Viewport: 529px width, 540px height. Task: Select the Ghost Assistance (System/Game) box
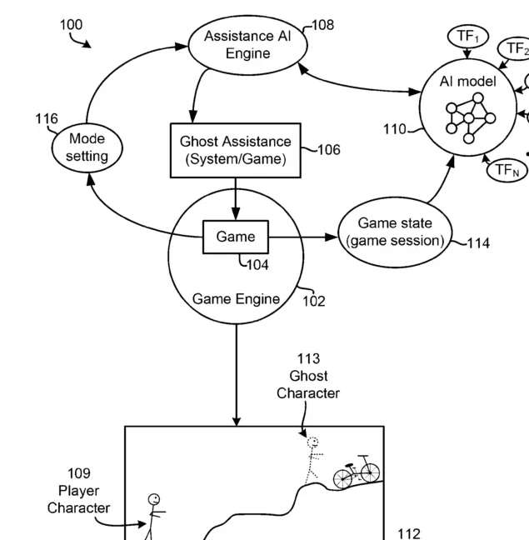coord(236,151)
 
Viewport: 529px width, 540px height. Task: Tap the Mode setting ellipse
coord(87,147)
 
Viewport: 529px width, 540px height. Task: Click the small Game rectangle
coord(236,237)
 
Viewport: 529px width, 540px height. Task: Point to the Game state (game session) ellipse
coord(395,232)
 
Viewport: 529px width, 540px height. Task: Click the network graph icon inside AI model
coord(468,117)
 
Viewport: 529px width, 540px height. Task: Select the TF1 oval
coord(467,37)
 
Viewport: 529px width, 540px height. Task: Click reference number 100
coord(71,25)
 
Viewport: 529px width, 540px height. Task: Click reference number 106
coord(328,150)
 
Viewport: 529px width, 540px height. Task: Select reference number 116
coord(47,119)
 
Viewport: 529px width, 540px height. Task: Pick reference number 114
coord(478,243)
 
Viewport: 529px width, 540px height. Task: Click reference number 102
coord(313,301)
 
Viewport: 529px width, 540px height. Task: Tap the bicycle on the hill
coord(357,472)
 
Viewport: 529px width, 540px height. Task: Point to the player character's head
coord(154,500)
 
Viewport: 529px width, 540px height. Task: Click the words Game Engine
coord(236,299)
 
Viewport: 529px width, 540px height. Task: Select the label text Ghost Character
coord(308,385)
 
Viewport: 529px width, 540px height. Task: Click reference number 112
coord(409,533)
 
